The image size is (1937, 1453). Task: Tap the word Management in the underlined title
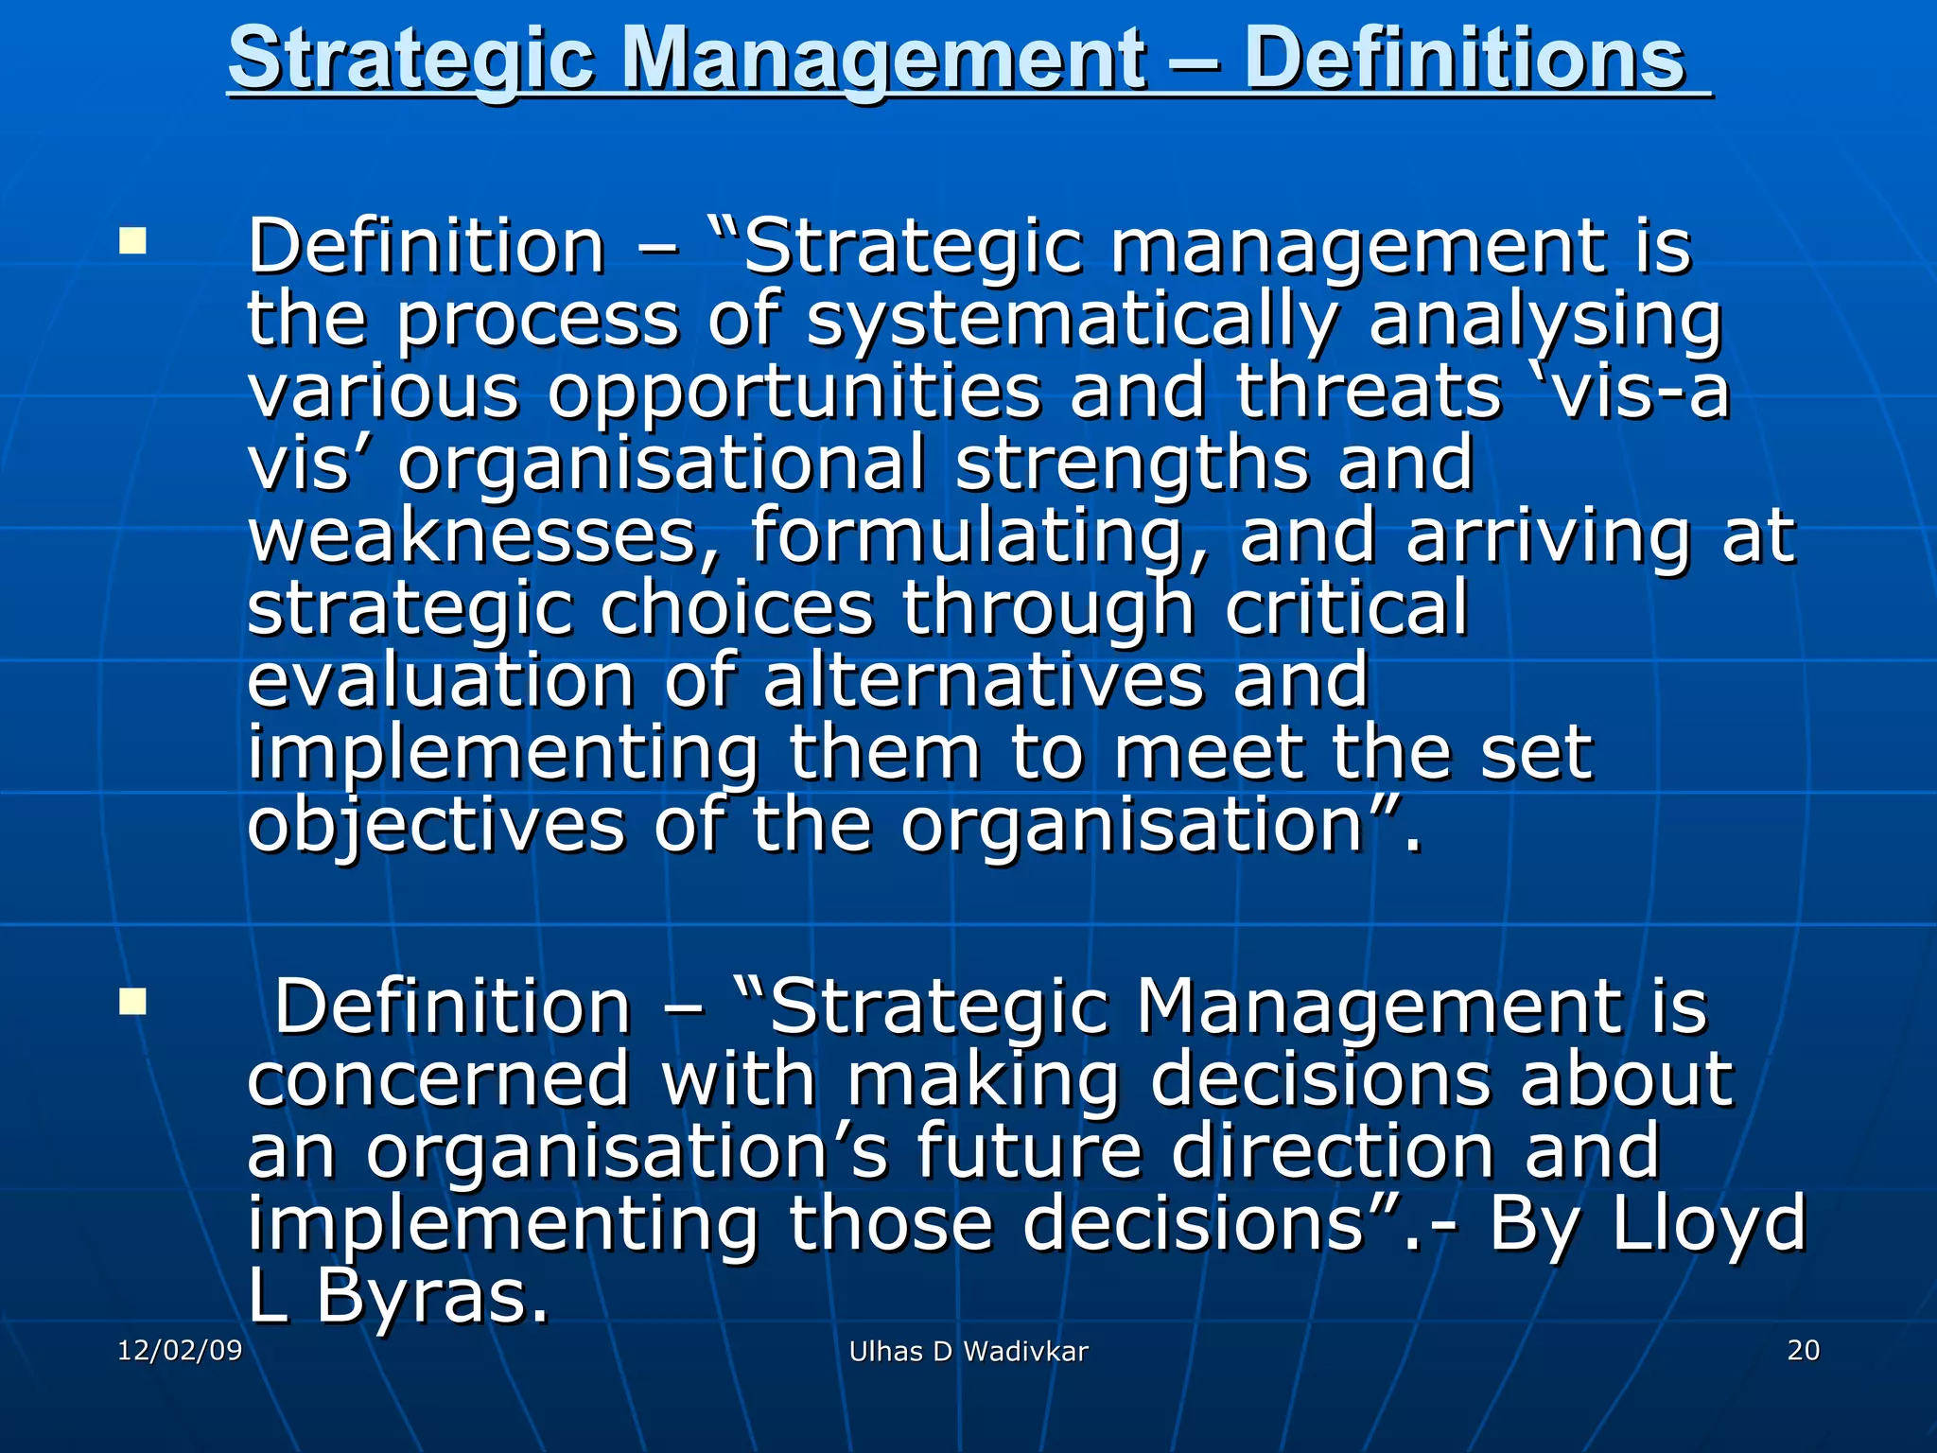(x=883, y=61)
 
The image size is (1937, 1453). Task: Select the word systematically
(x=1072, y=319)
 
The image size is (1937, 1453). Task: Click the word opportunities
(x=794, y=393)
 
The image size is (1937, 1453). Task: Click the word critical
(x=1347, y=607)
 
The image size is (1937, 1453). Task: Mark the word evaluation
(x=440, y=680)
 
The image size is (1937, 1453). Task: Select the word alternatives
(x=984, y=680)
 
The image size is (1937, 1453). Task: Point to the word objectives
(x=436, y=827)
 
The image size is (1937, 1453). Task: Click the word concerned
(x=439, y=1079)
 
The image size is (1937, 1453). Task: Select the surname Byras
(x=431, y=1297)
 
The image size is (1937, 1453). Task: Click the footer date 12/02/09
(x=180, y=1350)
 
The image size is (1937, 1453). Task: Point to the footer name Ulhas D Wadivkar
(x=968, y=1352)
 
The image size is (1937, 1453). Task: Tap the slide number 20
(x=1803, y=1350)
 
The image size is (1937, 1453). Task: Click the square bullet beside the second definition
(x=133, y=1001)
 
